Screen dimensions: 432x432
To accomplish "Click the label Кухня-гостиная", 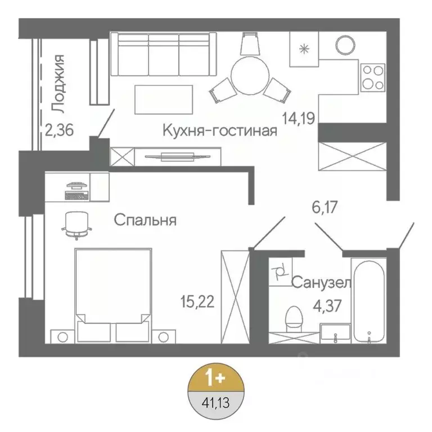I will (x=220, y=131).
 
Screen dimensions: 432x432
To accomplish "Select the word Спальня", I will (x=145, y=220).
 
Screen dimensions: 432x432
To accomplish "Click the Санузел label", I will (x=321, y=282).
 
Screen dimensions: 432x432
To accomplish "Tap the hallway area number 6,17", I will (x=326, y=207).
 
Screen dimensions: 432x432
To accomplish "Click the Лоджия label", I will (x=57, y=82).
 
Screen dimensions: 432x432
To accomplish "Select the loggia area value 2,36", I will (x=60, y=131).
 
